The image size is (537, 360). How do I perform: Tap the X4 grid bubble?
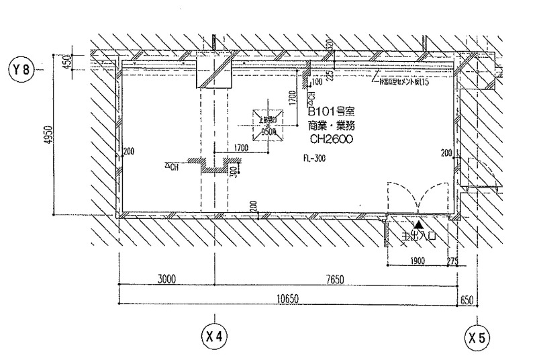tap(213, 334)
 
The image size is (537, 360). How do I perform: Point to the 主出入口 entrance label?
tap(419, 236)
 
